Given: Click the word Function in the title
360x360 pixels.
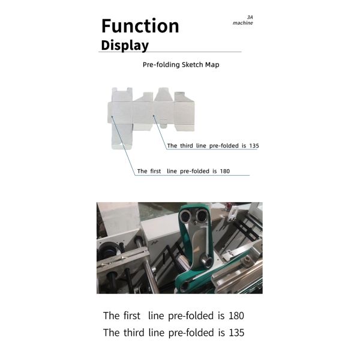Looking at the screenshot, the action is pos(140,26).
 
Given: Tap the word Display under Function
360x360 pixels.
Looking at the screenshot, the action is pos(125,45).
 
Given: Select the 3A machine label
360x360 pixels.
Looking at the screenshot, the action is pos(243,20).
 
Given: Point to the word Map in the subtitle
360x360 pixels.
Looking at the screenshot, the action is pos(212,65).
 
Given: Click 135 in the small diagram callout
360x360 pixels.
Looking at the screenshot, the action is pos(254,146).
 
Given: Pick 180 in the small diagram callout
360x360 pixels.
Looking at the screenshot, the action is pos(225,171).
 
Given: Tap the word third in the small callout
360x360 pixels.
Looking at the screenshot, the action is pos(187,146).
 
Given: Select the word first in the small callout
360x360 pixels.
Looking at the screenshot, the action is pos(155,171).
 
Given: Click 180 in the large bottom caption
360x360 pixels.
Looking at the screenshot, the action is pos(236,316).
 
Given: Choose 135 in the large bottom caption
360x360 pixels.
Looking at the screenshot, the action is pos(236,332).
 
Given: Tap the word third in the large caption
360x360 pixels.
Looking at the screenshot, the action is pos(134,332).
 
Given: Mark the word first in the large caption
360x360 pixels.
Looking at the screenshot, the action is pos(132,316).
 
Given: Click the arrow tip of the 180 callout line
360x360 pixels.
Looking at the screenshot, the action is pos(112,116).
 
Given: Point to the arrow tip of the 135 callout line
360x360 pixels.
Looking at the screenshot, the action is pos(154,115).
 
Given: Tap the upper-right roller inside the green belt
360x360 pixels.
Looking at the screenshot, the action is pos(202,215).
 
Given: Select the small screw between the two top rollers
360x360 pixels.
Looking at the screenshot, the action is pos(194,222).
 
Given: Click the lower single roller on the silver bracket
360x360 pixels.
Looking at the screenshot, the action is pos(206,261).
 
